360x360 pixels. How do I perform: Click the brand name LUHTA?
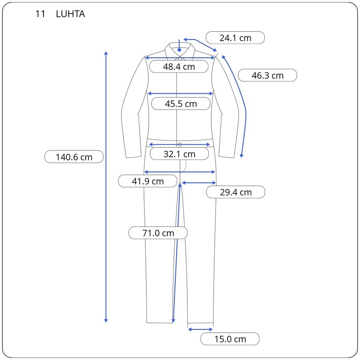(70, 14)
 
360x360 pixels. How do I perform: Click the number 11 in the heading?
(40, 14)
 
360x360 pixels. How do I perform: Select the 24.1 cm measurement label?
(235, 38)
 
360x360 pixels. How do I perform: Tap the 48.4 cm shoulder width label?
(179, 66)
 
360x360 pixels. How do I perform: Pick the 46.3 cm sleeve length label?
(268, 75)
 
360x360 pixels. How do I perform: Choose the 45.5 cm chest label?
(181, 104)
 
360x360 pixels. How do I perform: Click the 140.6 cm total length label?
(74, 157)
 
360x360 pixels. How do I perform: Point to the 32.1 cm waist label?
(179, 154)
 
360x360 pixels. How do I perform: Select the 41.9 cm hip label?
(148, 181)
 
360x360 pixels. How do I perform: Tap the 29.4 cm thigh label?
(236, 192)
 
